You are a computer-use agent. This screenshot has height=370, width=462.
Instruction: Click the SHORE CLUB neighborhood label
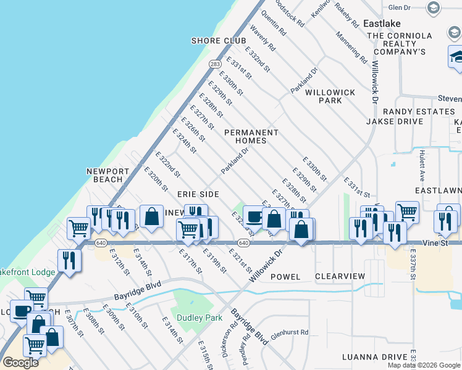pyautogui.click(x=214, y=41)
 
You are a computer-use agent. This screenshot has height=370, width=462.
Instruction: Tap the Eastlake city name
pyautogui.click(x=382, y=23)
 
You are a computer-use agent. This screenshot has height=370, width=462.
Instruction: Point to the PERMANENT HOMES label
pyautogui.click(x=251, y=136)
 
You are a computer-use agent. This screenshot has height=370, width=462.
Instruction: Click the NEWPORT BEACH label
pyautogui.click(x=108, y=175)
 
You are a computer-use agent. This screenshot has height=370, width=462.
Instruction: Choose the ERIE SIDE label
pyautogui.click(x=198, y=194)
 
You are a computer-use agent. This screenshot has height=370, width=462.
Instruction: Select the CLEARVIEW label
pyautogui.click(x=340, y=277)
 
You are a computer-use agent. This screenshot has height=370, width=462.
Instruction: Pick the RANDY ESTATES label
pyautogui.click(x=419, y=112)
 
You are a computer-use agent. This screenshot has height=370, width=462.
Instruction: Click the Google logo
pyautogui.click(x=20, y=363)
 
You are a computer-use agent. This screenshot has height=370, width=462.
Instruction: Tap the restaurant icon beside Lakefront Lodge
pyautogui.click(x=69, y=260)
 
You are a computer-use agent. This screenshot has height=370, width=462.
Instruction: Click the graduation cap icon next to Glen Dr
pyautogui.click(x=434, y=7)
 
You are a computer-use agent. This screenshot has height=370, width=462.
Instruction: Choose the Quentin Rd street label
pyautogui.click(x=274, y=23)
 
